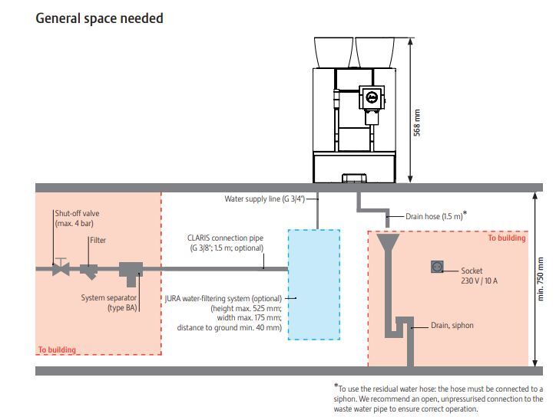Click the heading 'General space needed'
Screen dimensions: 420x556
click(99, 18)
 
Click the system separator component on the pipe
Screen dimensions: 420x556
click(131, 271)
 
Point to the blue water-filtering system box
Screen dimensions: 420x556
click(313, 284)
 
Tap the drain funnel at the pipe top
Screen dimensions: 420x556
click(389, 244)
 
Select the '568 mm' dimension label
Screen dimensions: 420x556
click(418, 123)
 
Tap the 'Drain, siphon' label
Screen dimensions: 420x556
click(452, 326)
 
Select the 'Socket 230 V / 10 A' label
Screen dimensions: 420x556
click(480, 275)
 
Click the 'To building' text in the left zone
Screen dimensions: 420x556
click(57, 349)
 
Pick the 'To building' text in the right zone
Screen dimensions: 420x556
click(507, 238)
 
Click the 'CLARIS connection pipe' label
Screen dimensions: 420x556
click(225, 243)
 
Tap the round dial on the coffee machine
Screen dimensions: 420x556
click(372, 97)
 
